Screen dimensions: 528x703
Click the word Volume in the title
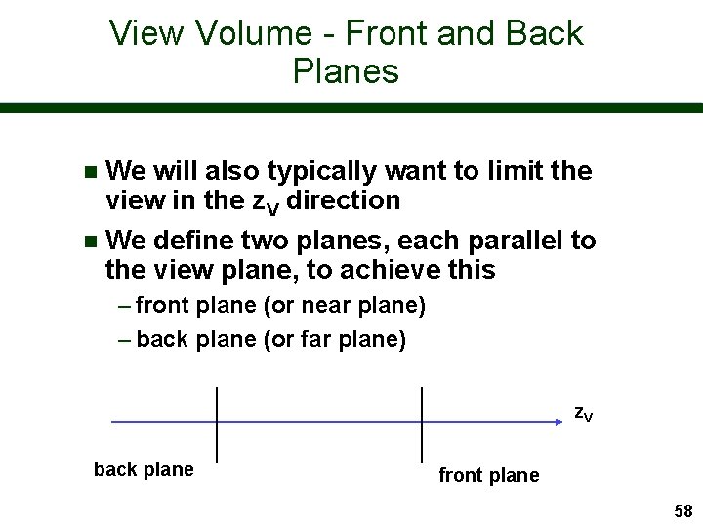[x=251, y=33]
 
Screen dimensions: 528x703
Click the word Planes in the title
[x=345, y=71]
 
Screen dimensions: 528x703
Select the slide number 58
[x=682, y=511]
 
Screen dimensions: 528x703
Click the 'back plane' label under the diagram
[x=144, y=469]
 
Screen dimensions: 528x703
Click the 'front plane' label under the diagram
[x=488, y=475]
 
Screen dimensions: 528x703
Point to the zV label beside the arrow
[x=582, y=413]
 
